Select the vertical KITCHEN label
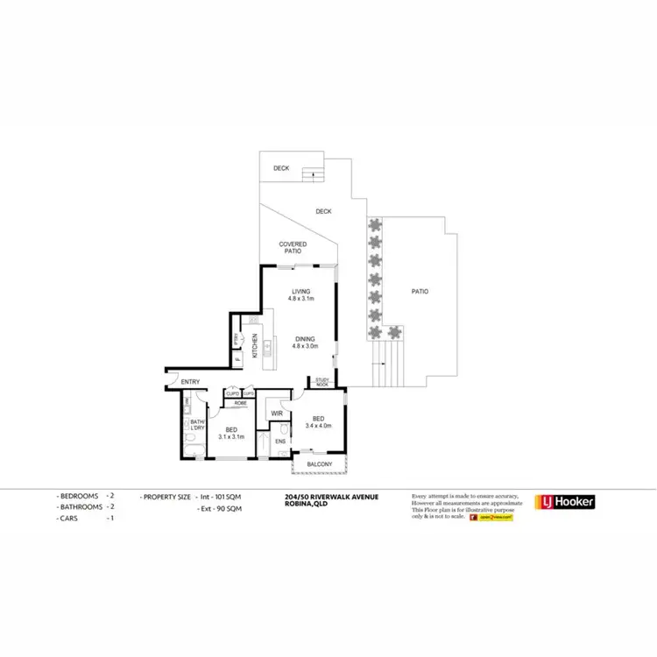255,347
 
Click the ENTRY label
190,382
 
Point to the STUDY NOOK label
321,383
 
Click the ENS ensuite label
279,441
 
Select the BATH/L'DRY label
197,425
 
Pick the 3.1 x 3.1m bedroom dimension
231,434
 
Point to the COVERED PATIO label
292,247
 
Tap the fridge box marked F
237,358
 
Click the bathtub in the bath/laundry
194,451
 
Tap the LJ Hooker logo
565,502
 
